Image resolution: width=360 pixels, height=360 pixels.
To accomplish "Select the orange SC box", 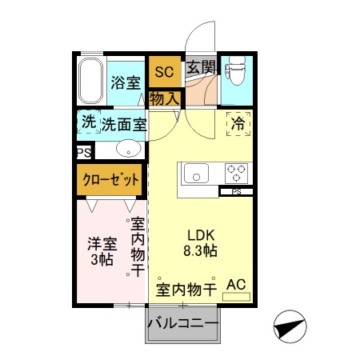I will click(x=164, y=72).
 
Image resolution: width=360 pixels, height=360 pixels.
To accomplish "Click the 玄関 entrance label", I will click(x=200, y=69).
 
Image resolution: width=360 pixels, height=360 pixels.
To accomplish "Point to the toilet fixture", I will click(x=235, y=74).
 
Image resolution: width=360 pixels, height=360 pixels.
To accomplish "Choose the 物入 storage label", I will click(x=164, y=97).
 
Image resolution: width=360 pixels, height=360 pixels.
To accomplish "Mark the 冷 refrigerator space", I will click(x=238, y=125).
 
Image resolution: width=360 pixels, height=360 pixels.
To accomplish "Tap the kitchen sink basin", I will click(x=195, y=172).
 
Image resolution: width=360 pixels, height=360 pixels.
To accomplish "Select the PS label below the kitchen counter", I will click(x=237, y=192).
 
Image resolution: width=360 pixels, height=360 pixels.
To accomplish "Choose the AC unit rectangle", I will click(x=236, y=288).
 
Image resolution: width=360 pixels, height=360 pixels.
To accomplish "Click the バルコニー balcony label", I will click(x=182, y=323).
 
